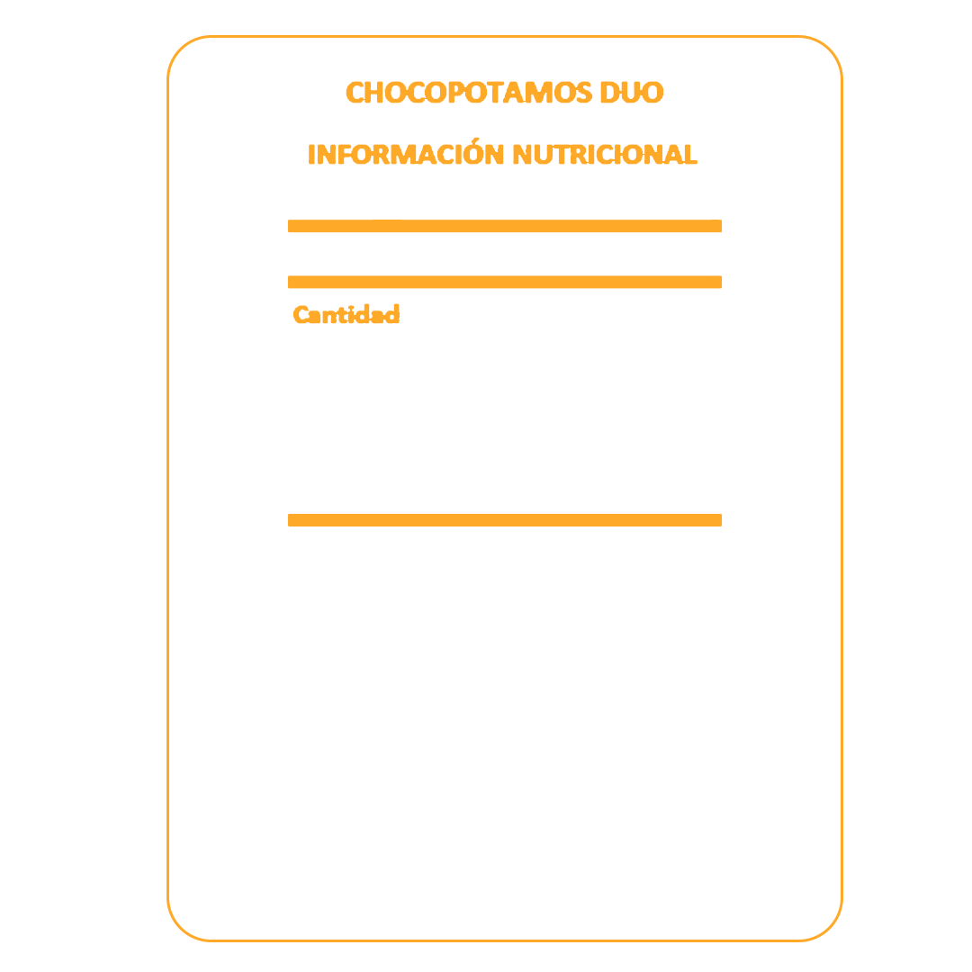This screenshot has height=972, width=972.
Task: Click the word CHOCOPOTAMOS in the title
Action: [469, 93]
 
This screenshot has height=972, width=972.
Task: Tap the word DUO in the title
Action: [632, 93]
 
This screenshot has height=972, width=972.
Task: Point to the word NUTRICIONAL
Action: [605, 155]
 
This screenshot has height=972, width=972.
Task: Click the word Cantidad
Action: [346, 314]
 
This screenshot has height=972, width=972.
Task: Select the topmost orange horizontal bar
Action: [505, 226]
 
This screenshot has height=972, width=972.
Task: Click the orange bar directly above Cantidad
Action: [505, 282]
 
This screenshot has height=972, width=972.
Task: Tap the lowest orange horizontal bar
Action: [505, 520]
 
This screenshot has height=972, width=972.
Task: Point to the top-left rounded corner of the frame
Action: [180, 49]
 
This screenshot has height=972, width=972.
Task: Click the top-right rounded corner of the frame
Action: [830, 49]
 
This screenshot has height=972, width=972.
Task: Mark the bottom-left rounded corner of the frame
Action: [180, 928]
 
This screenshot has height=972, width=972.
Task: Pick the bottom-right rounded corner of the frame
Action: [830, 928]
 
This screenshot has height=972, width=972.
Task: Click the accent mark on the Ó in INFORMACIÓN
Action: [475, 140]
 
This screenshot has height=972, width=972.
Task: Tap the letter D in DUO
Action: [610, 93]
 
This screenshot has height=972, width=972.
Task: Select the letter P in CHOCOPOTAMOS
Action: [456, 93]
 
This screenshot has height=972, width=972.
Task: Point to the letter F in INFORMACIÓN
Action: [345, 155]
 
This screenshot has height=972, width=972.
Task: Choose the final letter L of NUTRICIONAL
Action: [690, 155]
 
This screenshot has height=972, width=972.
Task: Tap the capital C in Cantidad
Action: [301, 314]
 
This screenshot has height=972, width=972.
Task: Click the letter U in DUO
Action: [632, 93]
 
